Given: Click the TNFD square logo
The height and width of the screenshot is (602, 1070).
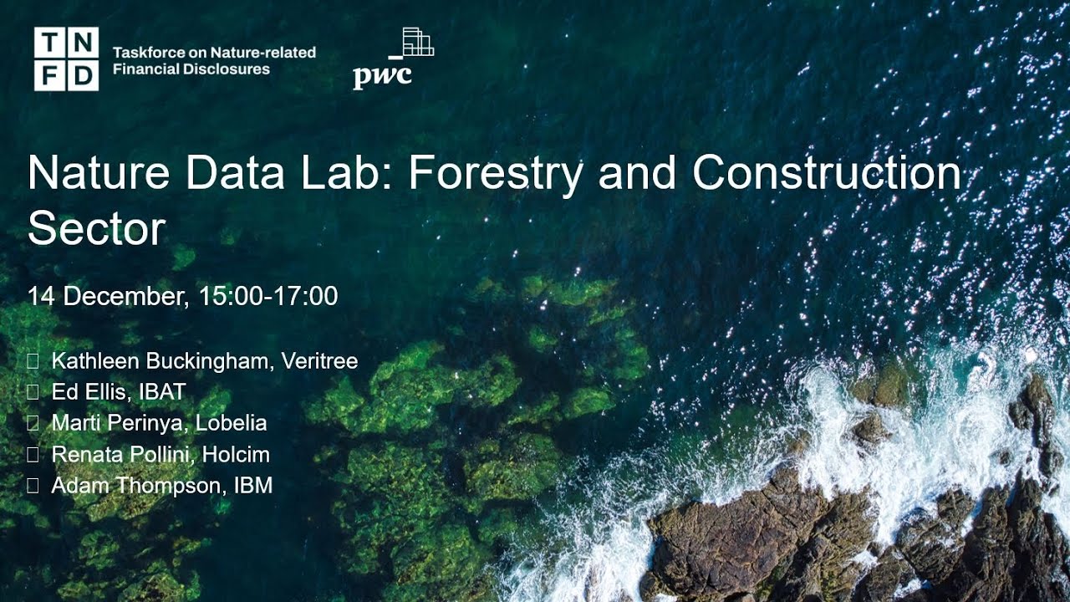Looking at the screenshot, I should tap(66, 59).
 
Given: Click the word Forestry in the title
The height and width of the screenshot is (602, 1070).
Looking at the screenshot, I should tap(496, 173).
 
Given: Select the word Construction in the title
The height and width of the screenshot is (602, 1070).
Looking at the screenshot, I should tap(827, 173).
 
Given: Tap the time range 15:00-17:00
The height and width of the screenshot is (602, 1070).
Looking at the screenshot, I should tap(268, 296).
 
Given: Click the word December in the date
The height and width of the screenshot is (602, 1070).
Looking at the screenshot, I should tap(128, 296).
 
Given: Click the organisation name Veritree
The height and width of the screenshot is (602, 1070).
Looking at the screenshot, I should tap(319, 361).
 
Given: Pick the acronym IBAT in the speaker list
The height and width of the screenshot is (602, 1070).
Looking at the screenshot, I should tap(162, 392).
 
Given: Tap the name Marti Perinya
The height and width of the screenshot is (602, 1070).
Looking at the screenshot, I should tap(119, 423).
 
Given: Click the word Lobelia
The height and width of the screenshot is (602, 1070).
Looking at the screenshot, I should tap(231, 423).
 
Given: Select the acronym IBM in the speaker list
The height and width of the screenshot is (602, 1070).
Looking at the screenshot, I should tap(252, 485).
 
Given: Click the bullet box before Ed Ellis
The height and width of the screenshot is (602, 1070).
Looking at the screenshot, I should tap(33, 392).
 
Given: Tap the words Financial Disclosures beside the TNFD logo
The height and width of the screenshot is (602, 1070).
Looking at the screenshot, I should tap(191, 69).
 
